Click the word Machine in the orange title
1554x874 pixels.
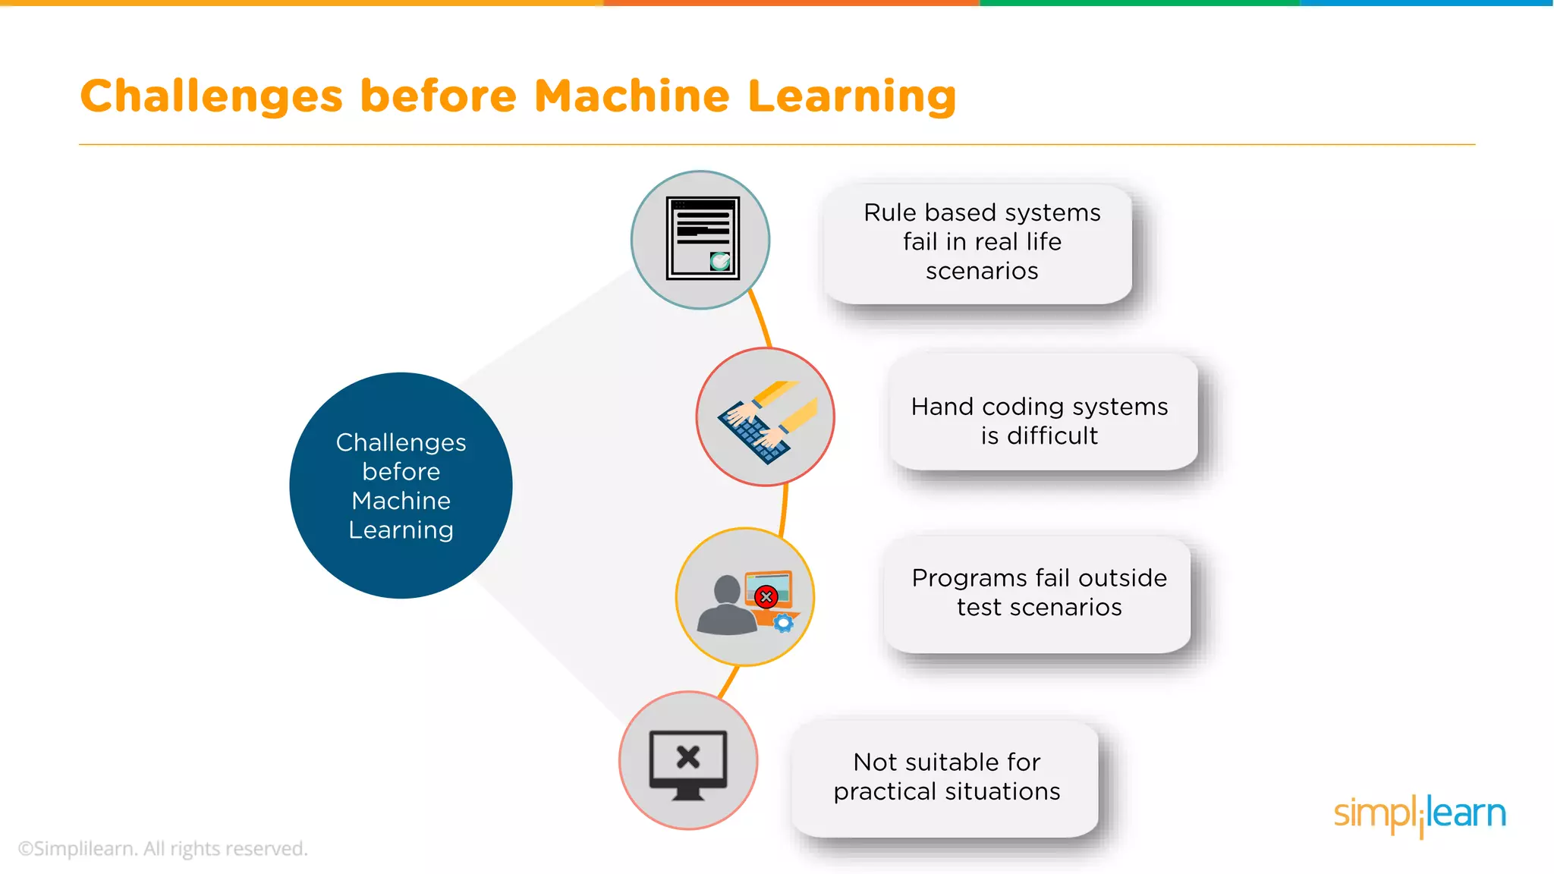point(631,96)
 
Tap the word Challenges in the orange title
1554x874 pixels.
point(212,98)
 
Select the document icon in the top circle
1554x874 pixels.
point(702,238)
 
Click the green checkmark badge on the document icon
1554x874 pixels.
point(720,262)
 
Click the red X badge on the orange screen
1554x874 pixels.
point(766,597)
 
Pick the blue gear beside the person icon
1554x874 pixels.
point(784,624)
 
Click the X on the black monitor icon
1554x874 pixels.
point(688,756)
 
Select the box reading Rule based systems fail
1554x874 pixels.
point(981,242)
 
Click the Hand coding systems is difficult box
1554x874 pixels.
point(1040,421)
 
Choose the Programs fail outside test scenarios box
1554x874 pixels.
point(1039,593)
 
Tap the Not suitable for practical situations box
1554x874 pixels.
point(946,777)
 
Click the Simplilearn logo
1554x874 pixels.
point(1419,815)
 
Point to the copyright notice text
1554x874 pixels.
point(163,848)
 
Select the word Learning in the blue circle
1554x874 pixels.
point(401,530)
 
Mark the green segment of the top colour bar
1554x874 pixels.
point(1138,3)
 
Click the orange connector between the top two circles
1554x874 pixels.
point(760,319)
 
